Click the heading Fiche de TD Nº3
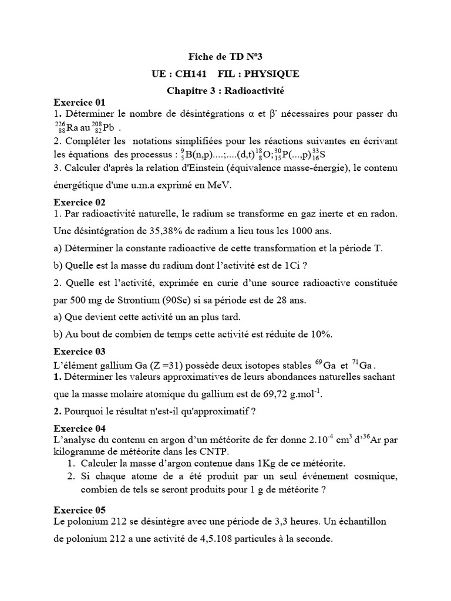pyautogui.click(x=225, y=58)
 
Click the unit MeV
pyautogui.click(x=218, y=185)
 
